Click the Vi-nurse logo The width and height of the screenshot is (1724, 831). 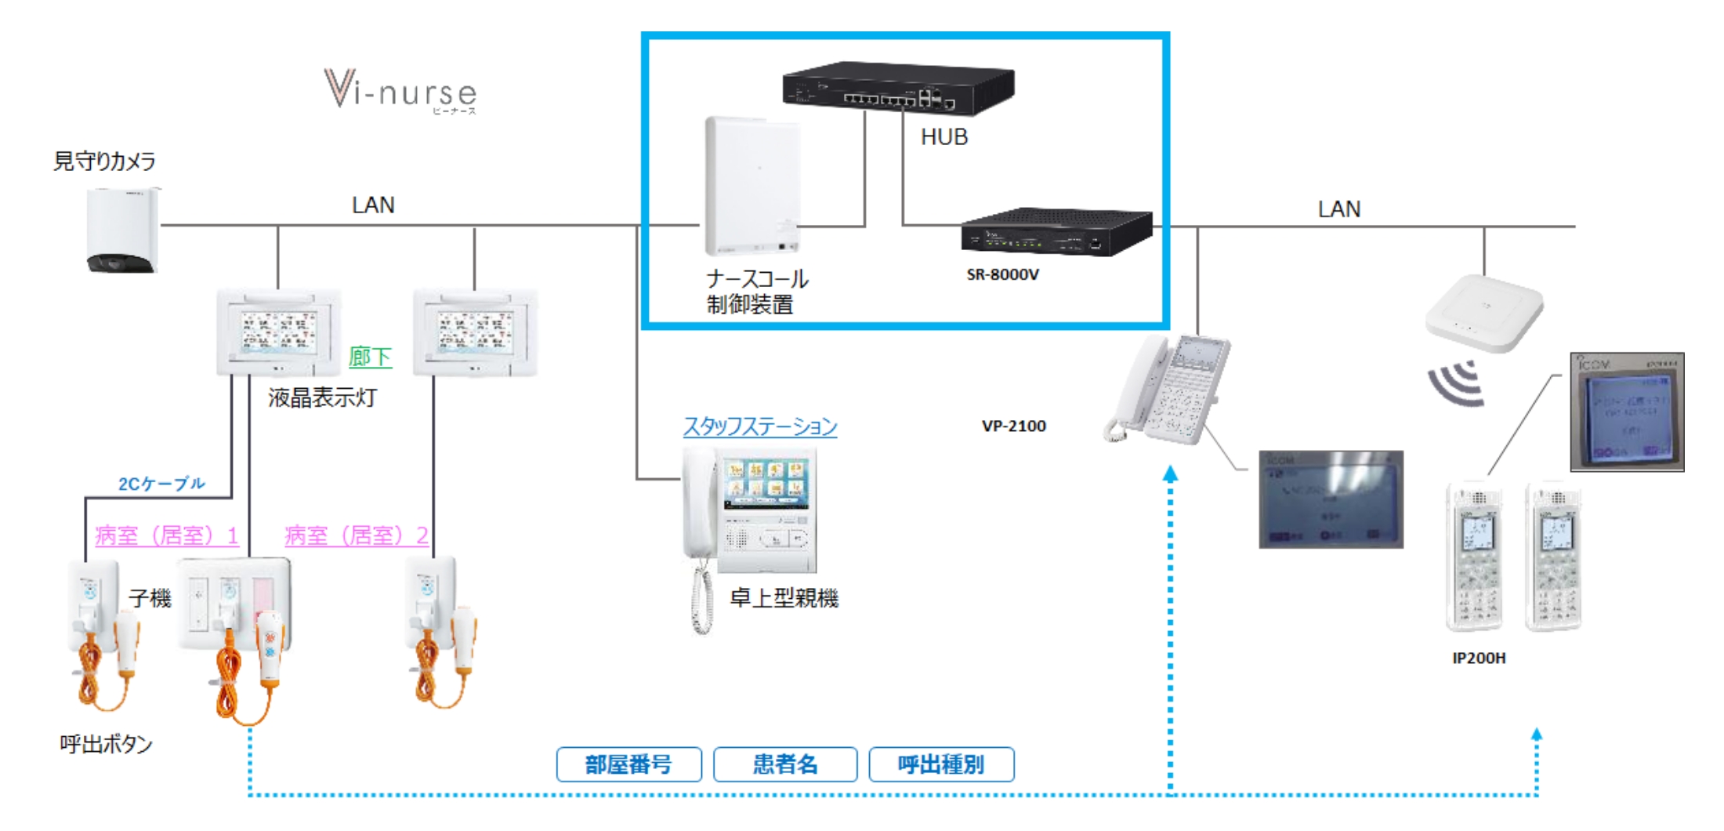pos(400,92)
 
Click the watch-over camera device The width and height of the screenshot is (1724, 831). pos(122,230)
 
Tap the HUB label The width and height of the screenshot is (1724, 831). pos(944,137)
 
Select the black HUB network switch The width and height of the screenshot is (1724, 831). pos(898,88)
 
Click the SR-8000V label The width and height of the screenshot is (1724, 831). pos(1002,274)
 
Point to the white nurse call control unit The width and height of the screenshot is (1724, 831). pos(752,186)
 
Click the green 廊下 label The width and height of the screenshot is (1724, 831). pos(370,357)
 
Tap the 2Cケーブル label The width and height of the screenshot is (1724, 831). pos(161,484)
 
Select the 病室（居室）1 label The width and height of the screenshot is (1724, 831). pos(166,535)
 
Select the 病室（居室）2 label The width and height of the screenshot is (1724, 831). pos(357,535)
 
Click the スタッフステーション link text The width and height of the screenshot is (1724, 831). pos(759,426)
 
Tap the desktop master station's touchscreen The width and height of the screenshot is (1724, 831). pos(766,482)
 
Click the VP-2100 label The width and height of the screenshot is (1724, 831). pos(1013,426)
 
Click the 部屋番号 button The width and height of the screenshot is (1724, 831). pos(628,764)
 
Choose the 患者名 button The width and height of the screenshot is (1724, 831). pos(785,764)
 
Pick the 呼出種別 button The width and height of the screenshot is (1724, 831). pos(941,764)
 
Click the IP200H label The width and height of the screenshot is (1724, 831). pos(1479,658)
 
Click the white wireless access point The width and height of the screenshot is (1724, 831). pos(1483,311)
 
